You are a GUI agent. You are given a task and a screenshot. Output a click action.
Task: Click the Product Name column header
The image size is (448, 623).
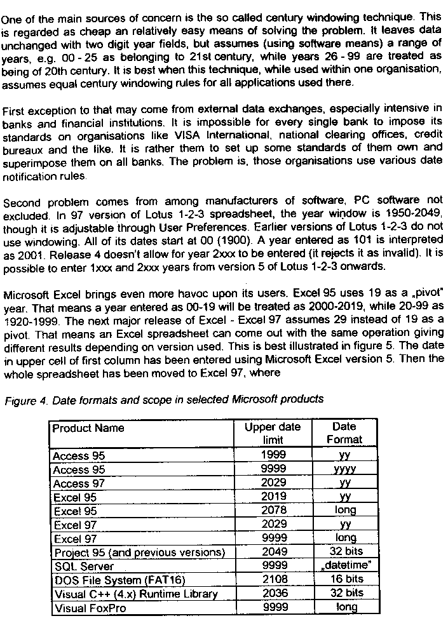(x=88, y=428)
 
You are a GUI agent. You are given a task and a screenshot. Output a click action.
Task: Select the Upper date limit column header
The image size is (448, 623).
(x=273, y=433)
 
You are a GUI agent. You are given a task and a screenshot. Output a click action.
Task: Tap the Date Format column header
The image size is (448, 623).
(x=344, y=433)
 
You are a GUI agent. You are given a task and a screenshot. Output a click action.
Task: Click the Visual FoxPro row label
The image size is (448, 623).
(x=90, y=608)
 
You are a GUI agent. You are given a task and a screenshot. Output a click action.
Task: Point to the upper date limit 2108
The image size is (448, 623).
(x=274, y=579)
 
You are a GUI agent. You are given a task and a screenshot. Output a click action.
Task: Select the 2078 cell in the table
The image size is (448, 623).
(x=274, y=510)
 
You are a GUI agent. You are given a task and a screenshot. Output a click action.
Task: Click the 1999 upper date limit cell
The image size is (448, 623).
(x=274, y=455)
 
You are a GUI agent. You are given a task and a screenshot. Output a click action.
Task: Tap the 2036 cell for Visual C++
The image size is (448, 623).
(x=274, y=593)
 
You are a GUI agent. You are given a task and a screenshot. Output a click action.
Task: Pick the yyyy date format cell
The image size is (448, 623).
(x=344, y=470)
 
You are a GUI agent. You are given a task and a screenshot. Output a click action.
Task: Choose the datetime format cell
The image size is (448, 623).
(x=344, y=565)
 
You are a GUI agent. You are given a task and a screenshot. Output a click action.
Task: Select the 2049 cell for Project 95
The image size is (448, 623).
(x=274, y=552)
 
